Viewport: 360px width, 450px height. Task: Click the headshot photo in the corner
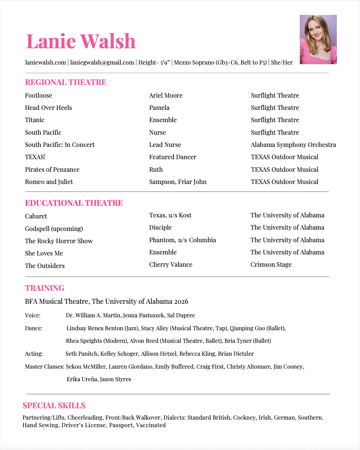pyautogui.click(x=318, y=39)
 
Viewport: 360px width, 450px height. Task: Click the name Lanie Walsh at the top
pyautogui.click(x=81, y=41)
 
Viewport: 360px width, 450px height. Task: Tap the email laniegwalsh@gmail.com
pyautogui.click(x=102, y=63)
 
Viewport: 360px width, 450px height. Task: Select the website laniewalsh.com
pyautogui.click(x=46, y=63)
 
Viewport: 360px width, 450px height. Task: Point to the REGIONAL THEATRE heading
pyautogui.click(x=66, y=82)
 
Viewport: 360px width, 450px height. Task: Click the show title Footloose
pyautogui.click(x=39, y=96)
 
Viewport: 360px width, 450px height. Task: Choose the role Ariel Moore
pyautogui.click(x=166, y=96)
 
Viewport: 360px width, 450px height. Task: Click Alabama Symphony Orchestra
pyautogui.click(x=293, y=145)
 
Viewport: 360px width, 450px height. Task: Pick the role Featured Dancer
pyautogui.click(x=173, y=157)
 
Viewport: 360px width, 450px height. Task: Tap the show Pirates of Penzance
pyautogui.click(x=52, y=170)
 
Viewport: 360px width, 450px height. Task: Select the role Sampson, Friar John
pyautogui.click(x=178, y=182)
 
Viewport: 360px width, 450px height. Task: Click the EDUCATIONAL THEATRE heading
pyautogui.click(x=74, y=203)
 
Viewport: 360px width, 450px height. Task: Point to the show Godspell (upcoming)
pyautogui.click(x=54, y=229)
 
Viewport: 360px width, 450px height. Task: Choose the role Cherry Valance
pyautogui.click(x=171, y=265)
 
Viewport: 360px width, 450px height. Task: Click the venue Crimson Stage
pyautogui.click(x=271, y=265)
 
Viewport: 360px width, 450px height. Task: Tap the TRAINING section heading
pyautogui.click(x=45, y=288)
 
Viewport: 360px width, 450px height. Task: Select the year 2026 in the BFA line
pyautogui.click(x=181, y=302)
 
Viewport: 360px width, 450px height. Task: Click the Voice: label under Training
pyautogui.click(x=33, y=316)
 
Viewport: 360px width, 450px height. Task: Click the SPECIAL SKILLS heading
pyautogui.click(x=54, y=406)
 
